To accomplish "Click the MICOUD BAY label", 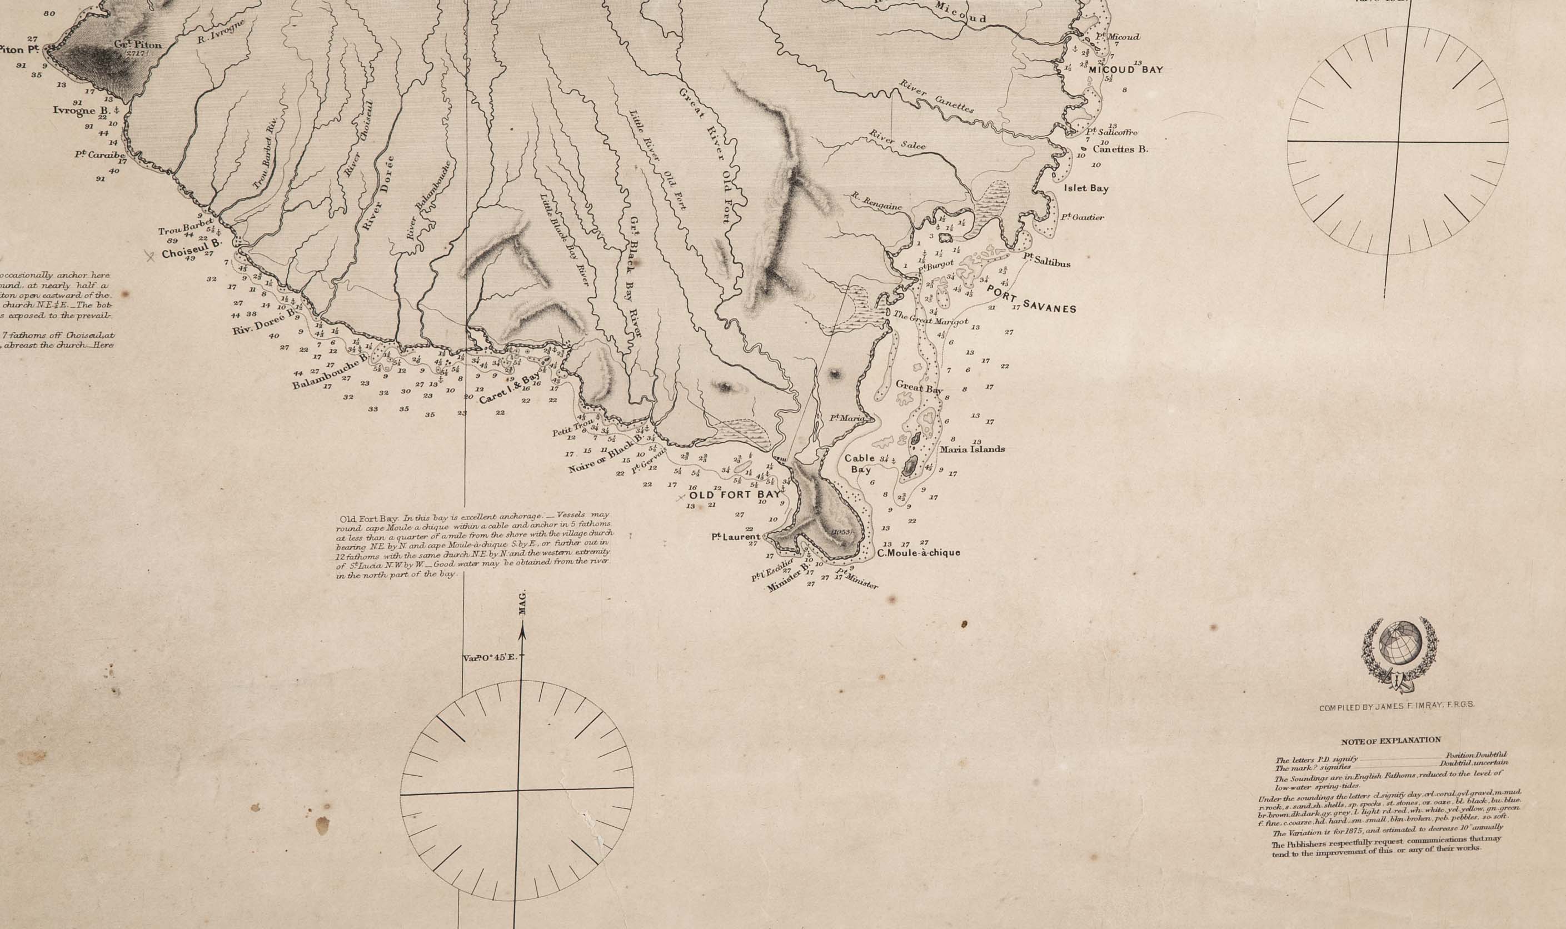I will pos(1125,69).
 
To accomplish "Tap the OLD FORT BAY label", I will pos(736,494).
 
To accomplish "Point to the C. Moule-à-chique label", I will pos(918,553).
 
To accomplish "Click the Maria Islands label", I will pos(972,449).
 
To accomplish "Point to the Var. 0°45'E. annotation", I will pos(488,658).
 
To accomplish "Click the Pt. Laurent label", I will pos(735,537).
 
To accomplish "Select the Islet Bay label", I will pos(1086,188).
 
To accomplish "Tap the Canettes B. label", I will pos(1120,149).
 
